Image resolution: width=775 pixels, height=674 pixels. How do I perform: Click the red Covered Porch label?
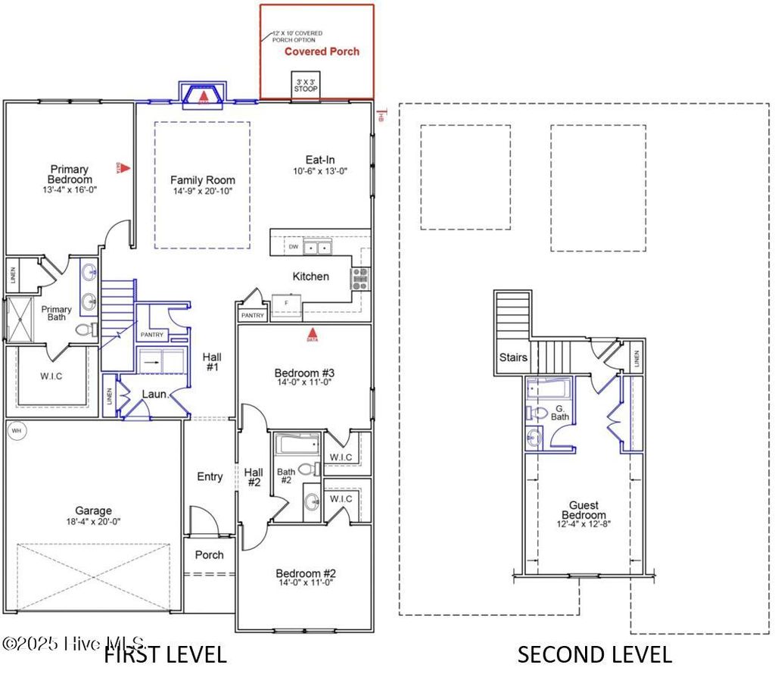[322, 51]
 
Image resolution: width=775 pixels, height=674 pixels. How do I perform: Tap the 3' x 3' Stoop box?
[305, 86]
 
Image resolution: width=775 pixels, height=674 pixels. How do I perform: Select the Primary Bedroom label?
[69, 174]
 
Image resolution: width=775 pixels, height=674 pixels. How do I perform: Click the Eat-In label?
[320, 160]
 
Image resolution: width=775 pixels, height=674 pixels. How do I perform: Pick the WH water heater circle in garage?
[16, 431]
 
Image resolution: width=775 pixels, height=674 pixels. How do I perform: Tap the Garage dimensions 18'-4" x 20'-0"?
[93, 521]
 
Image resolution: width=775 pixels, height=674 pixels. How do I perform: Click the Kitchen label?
[311, 276]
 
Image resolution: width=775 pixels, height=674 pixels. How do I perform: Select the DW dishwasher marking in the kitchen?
[293, 247]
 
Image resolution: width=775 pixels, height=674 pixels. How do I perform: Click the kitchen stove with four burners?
[359, 279]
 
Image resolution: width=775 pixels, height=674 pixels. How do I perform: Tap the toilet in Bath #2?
[308, 470]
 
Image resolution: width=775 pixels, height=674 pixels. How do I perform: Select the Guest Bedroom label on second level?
[584, 510]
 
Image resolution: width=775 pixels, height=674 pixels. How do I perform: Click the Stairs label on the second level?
[512, 357]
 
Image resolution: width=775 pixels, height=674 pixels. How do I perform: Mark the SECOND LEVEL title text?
[594, 654]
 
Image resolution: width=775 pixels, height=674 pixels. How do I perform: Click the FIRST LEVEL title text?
[164, 654]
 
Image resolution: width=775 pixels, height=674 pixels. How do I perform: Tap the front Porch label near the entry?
[210, 554]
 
